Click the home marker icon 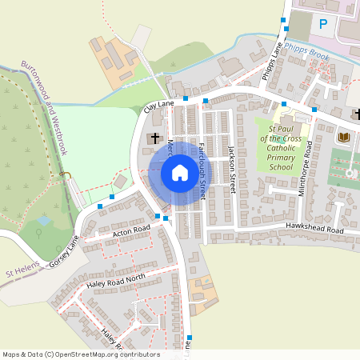click(179, 173)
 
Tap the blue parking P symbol click(323, 24)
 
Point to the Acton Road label click(131, 231)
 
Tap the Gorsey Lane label click(65, 253)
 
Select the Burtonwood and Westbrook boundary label click(44, 108)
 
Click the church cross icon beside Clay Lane click(154, 138)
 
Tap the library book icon click(344, 138)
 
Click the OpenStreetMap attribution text click(81, 354)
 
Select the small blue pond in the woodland click(43, 220)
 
